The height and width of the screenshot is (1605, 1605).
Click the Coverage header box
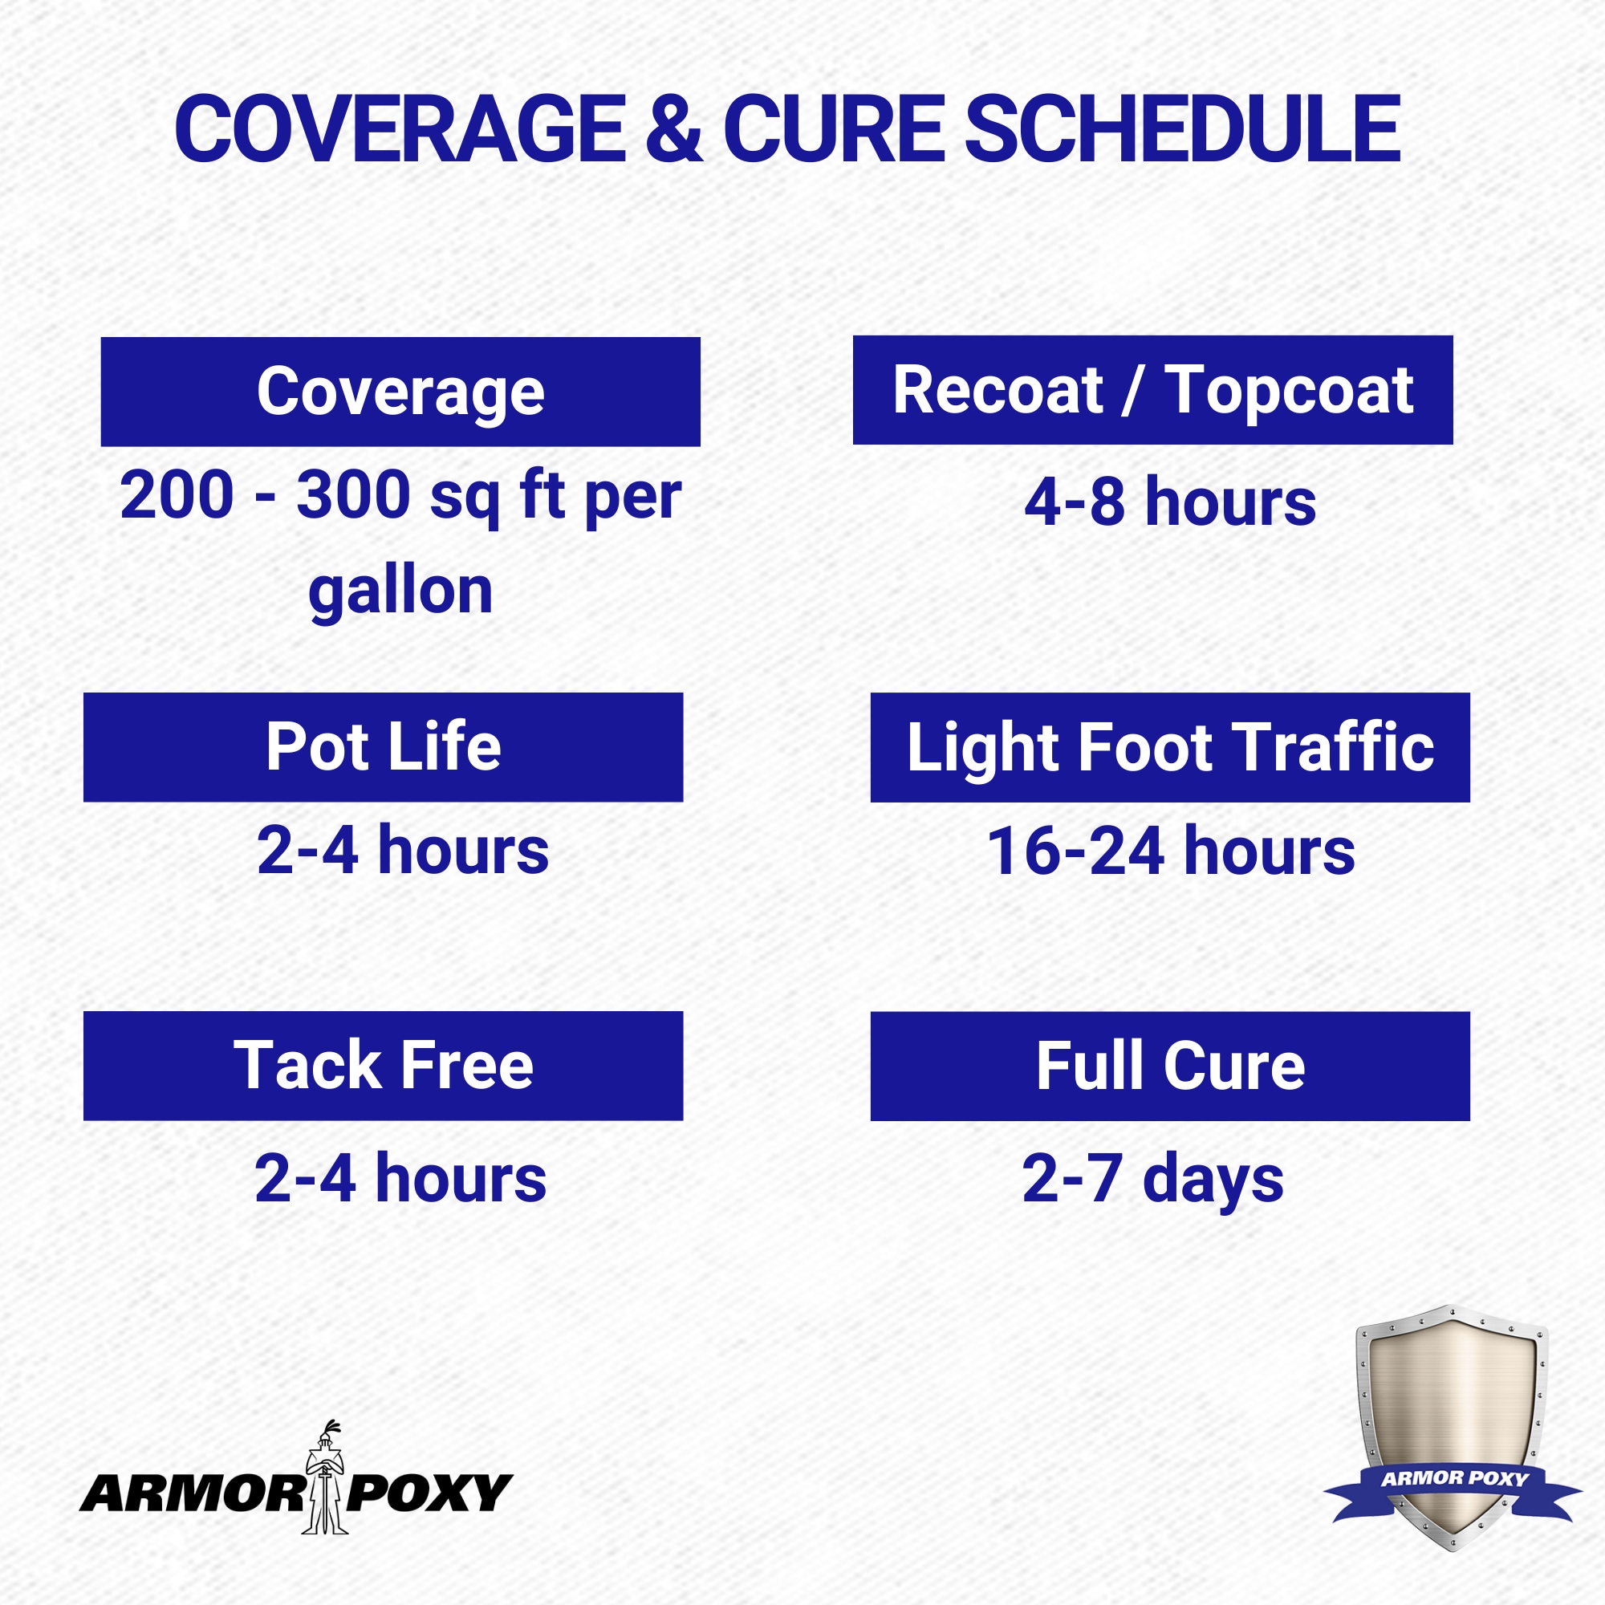pyautogui.click(x=400, y=392)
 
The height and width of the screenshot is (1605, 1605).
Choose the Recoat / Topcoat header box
pyautogui.click(x=1153, y=390)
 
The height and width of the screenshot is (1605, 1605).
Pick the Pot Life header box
pyautogui.click(x=383, y=747)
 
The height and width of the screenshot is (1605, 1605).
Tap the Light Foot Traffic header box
pyautogui.click(x=1171, y=747)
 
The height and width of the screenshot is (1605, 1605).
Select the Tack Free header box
pyautogui.click(x=383, y=1066)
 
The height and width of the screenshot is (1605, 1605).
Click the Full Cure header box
pyautogui.click(x=1171, y=1066)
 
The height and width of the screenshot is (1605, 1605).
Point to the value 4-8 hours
pyautogui.click(x=1170, y=502)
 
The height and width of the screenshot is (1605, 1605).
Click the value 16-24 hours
pyautogui.click(x=1171, y=851)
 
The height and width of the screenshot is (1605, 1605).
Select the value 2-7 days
pyautogui.click(x=1153, y=1180)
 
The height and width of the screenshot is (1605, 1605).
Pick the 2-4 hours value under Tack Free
pyautogui.click(x=400, y=1178)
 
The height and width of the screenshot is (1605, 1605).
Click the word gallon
pyautogui.click(x=400, y=593)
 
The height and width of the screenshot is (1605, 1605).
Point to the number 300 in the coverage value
pyautogui.click(x=354, y=495)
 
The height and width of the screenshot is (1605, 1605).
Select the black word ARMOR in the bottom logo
pyautogui.click(x=193, y=1493)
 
